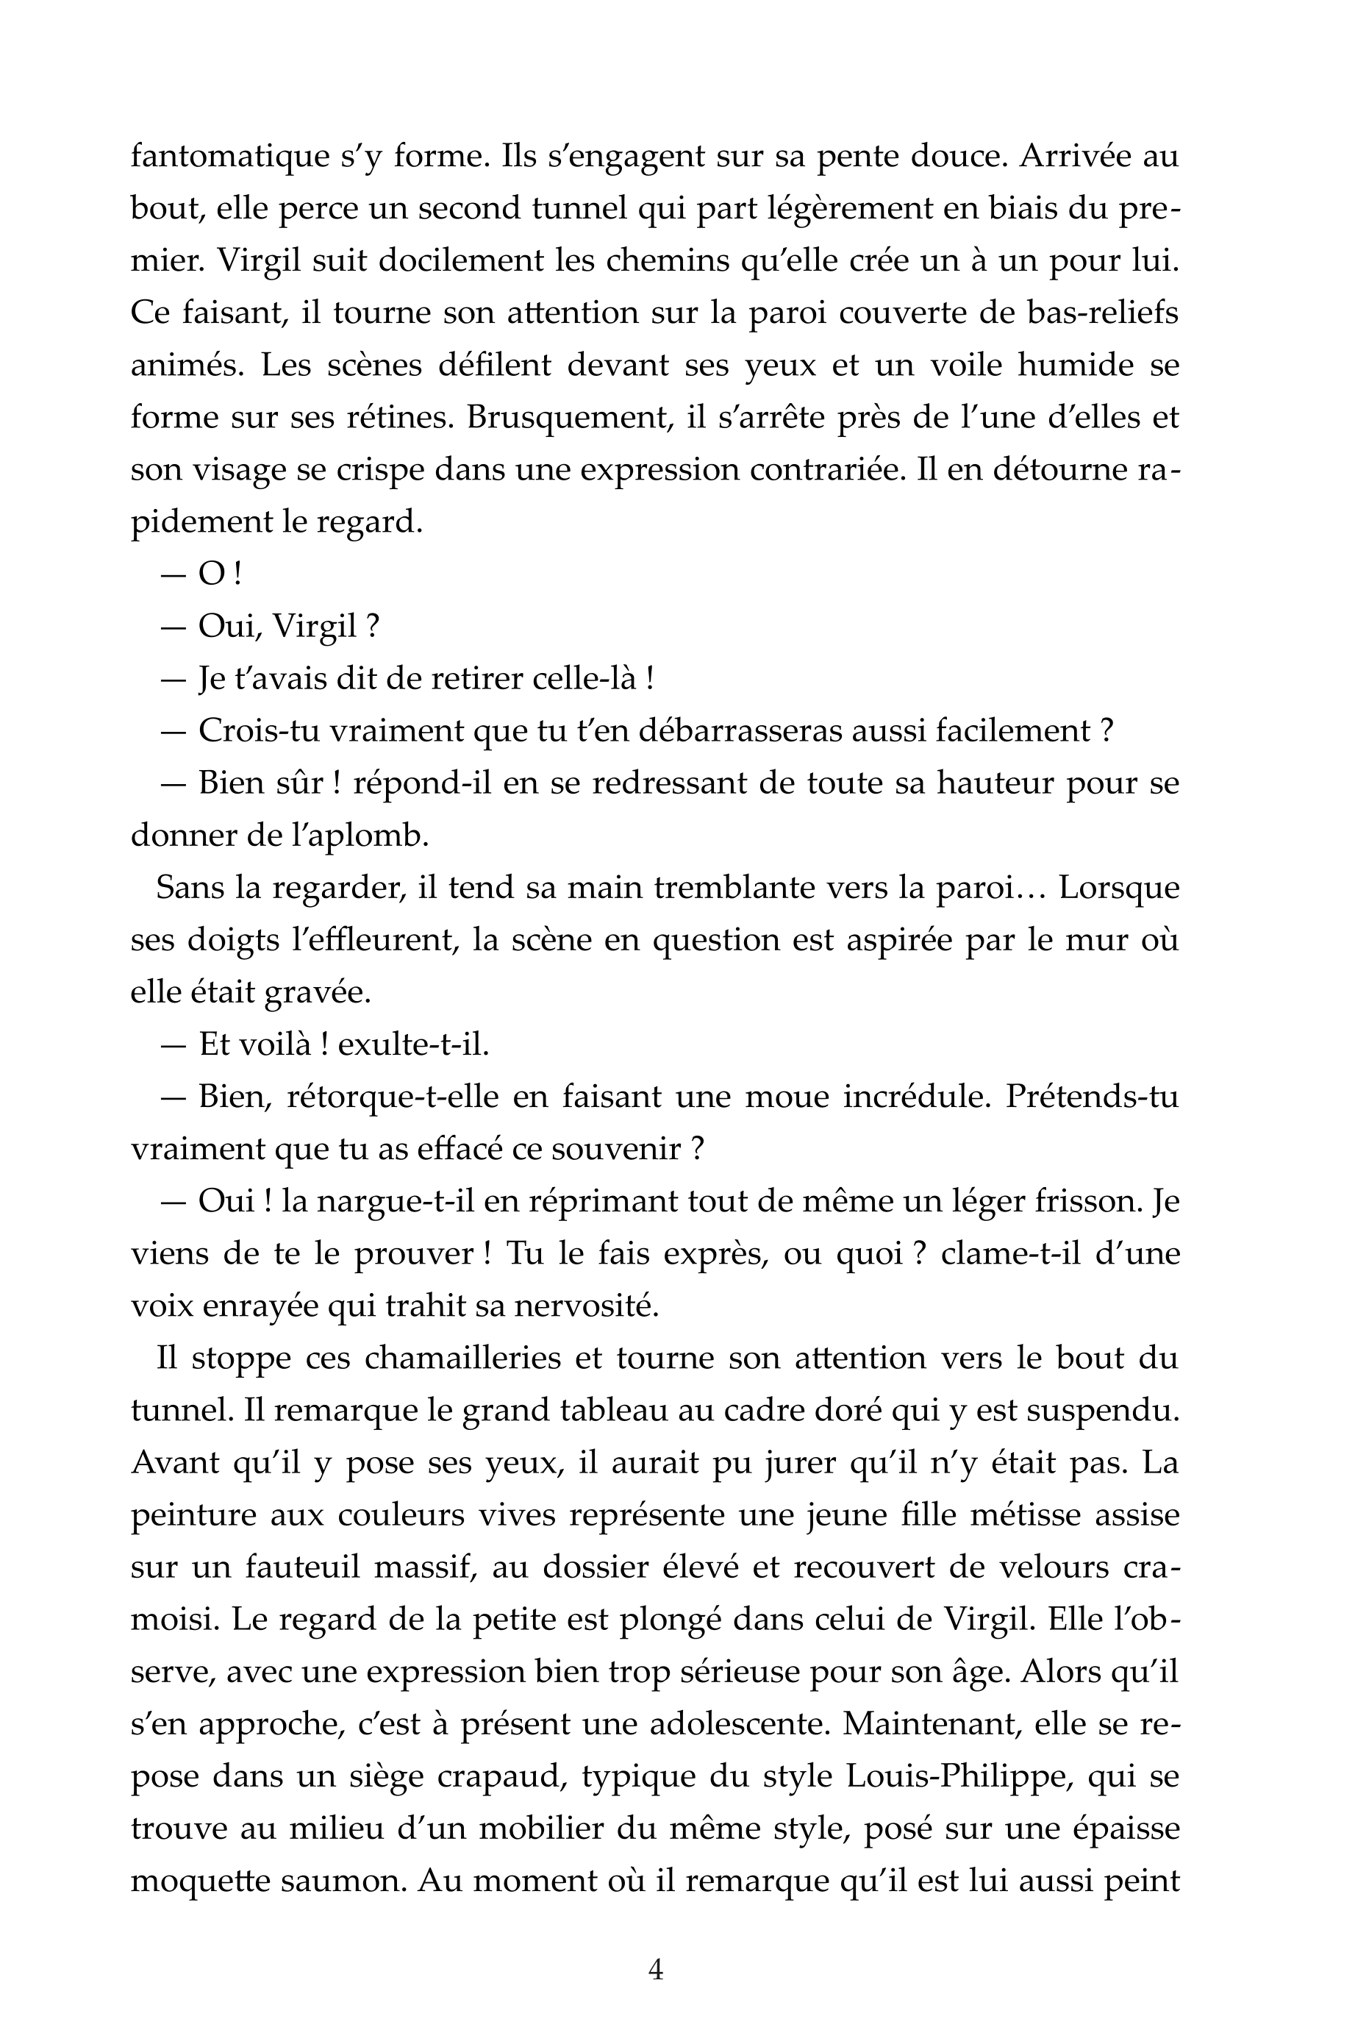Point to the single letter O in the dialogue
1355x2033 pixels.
coord(211,574)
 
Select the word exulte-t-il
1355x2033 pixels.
coord(414,1045)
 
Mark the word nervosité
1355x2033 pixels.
coord(586,1306)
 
